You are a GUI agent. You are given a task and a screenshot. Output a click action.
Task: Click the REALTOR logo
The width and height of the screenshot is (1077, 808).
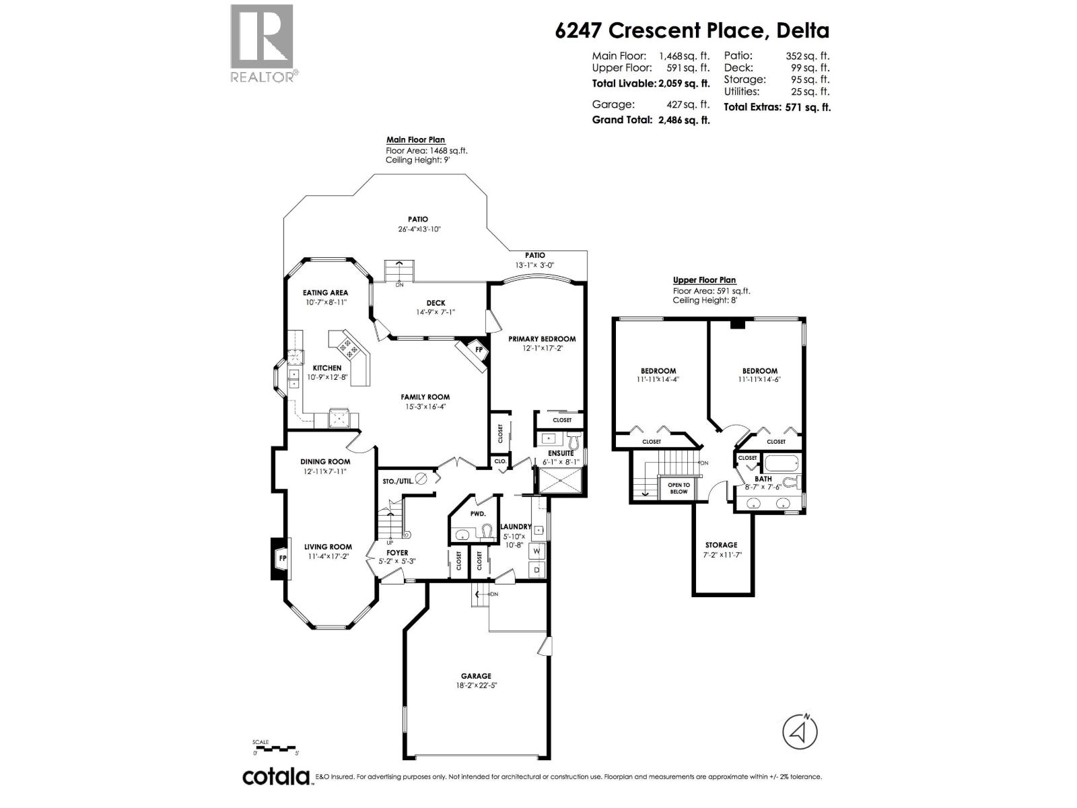click(263, 44)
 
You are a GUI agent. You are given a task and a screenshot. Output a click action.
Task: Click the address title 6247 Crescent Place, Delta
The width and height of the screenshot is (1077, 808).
click(692, 31)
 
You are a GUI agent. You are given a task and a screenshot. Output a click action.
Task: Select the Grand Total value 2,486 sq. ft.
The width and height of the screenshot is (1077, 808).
click(684, 120)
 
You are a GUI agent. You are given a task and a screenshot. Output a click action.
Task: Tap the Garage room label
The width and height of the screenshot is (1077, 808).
click(476, 676)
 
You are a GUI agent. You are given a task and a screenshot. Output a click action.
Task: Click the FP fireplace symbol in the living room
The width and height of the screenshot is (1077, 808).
click(282, 558)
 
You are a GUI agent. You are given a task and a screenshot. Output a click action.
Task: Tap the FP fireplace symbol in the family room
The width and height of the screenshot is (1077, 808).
click(478, 351)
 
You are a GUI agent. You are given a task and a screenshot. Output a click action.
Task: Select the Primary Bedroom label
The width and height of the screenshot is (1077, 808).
click(542, 339)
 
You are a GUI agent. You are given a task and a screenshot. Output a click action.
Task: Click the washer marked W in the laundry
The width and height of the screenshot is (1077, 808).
click(537, 551)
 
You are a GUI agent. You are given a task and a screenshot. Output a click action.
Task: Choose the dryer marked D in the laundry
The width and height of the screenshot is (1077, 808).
click(537, 570)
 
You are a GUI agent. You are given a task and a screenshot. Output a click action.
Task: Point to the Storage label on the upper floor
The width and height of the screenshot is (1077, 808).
click(721, 545)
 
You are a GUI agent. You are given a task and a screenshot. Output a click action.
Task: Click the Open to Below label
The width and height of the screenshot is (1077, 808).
click(679, 488)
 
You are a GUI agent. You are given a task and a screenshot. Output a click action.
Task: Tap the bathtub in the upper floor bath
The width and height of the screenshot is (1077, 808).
click(780, 464)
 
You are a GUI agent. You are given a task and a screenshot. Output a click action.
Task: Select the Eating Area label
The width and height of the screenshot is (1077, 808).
click(325, 293)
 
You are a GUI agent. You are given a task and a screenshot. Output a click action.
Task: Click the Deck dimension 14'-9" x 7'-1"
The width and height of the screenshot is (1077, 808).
click(436, 312)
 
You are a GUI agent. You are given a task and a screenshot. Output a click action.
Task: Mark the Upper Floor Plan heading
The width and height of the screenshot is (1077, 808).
click(704, 280)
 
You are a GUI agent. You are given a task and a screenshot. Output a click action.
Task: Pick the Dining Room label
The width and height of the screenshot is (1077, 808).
click(325, 462)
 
